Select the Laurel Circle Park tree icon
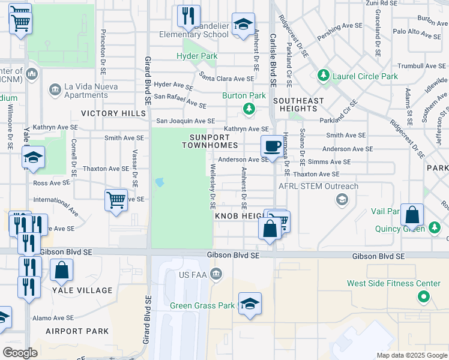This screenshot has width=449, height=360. pos(324,76)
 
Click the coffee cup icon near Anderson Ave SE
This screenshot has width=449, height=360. pos(271,146)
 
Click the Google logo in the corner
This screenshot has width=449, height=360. pos(20,353)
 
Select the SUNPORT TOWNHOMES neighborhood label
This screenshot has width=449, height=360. pos(209,141)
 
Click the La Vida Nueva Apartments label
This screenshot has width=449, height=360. pos(86,90)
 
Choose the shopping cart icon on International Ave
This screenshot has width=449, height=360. pos(115,200)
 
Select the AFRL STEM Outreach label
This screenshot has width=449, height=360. pos(318,186)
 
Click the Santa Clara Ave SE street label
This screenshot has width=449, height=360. pos(227,78)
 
